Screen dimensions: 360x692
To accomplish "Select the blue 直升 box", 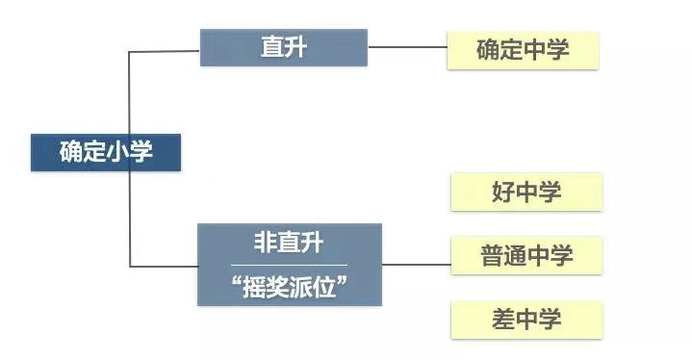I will tap(283, 47).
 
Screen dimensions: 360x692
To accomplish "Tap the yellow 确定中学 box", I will tap(523, 50).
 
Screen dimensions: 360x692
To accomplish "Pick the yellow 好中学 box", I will tap(526, 193).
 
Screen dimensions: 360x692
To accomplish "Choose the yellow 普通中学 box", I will tap(526, 256).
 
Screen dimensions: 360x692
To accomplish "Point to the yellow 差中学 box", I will tap(526, 320).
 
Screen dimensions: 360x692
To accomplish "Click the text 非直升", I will tap(289, 244).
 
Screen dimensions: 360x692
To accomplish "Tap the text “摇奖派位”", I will tap(289, 286).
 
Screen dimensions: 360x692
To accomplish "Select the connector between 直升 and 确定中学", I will tap(407, 46).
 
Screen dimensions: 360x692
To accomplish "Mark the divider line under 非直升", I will tap(289, 265).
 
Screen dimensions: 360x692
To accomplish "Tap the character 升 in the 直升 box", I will tap(295, 47).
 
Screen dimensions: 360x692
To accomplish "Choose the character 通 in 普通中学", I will tap(515, 256).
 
